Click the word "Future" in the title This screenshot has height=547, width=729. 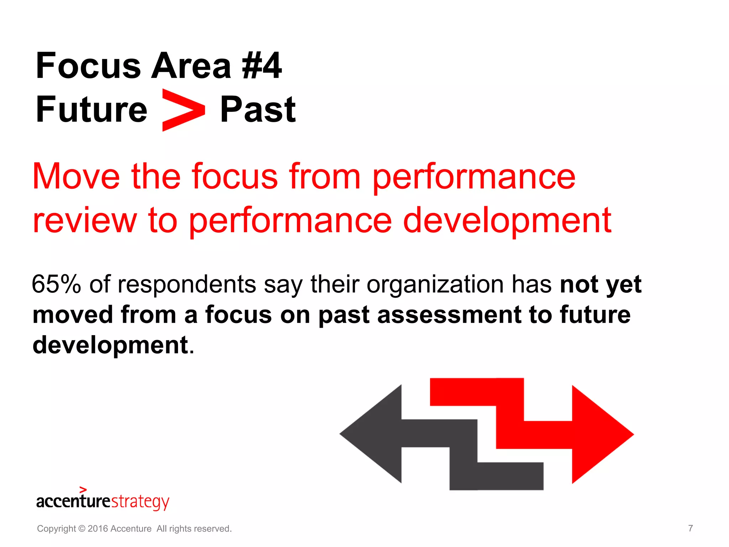click(x=91, y=109)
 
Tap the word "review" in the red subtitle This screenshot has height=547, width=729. click(x=85, y=220)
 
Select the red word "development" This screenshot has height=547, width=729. click(x=507, y=220)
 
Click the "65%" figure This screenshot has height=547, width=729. click(x=56, y=284)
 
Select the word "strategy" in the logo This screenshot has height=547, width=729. click(x=140, y=502)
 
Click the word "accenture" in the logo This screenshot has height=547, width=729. click(x=73, y=501)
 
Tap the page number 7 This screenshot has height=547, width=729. click(x=690, y=528)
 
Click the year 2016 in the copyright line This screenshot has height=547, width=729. click(x=98, y=529)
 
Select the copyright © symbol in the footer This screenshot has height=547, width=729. click(x=82, y=529)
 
